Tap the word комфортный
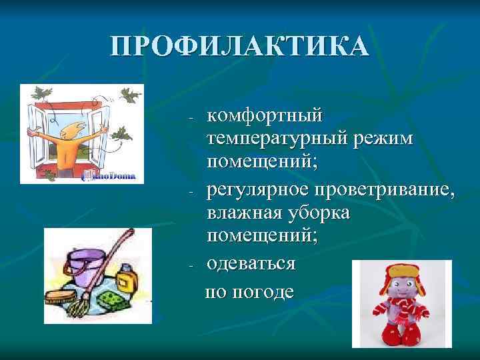(x=265, y=116)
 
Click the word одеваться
(x=251, y=263)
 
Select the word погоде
(x=263, y=292)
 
